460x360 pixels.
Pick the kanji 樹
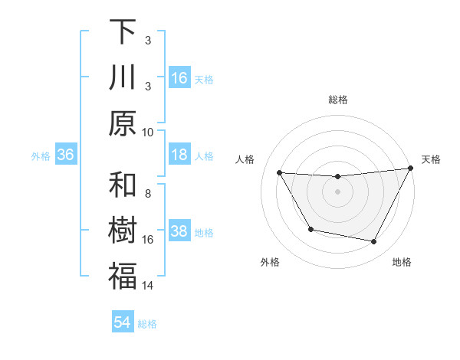coord(123,232)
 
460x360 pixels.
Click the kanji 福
coord(123,277)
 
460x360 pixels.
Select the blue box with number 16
coord(179,78)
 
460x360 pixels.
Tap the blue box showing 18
coord(179,155)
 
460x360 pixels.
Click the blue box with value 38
coord(179,232)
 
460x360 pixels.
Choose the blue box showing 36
coord(66,155)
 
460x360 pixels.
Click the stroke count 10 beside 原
coord(148,132)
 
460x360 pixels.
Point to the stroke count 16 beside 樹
coord(148,240)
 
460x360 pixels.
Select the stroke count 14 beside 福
coord(148,286)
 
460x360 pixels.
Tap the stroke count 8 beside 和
coord(148,193)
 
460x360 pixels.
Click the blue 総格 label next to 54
coord(147,324)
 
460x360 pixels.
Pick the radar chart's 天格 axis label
coord(431,159)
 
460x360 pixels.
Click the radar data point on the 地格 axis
coord(374,242)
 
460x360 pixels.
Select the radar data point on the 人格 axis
coord(279,172)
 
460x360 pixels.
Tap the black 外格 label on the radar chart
coord(270,262)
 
